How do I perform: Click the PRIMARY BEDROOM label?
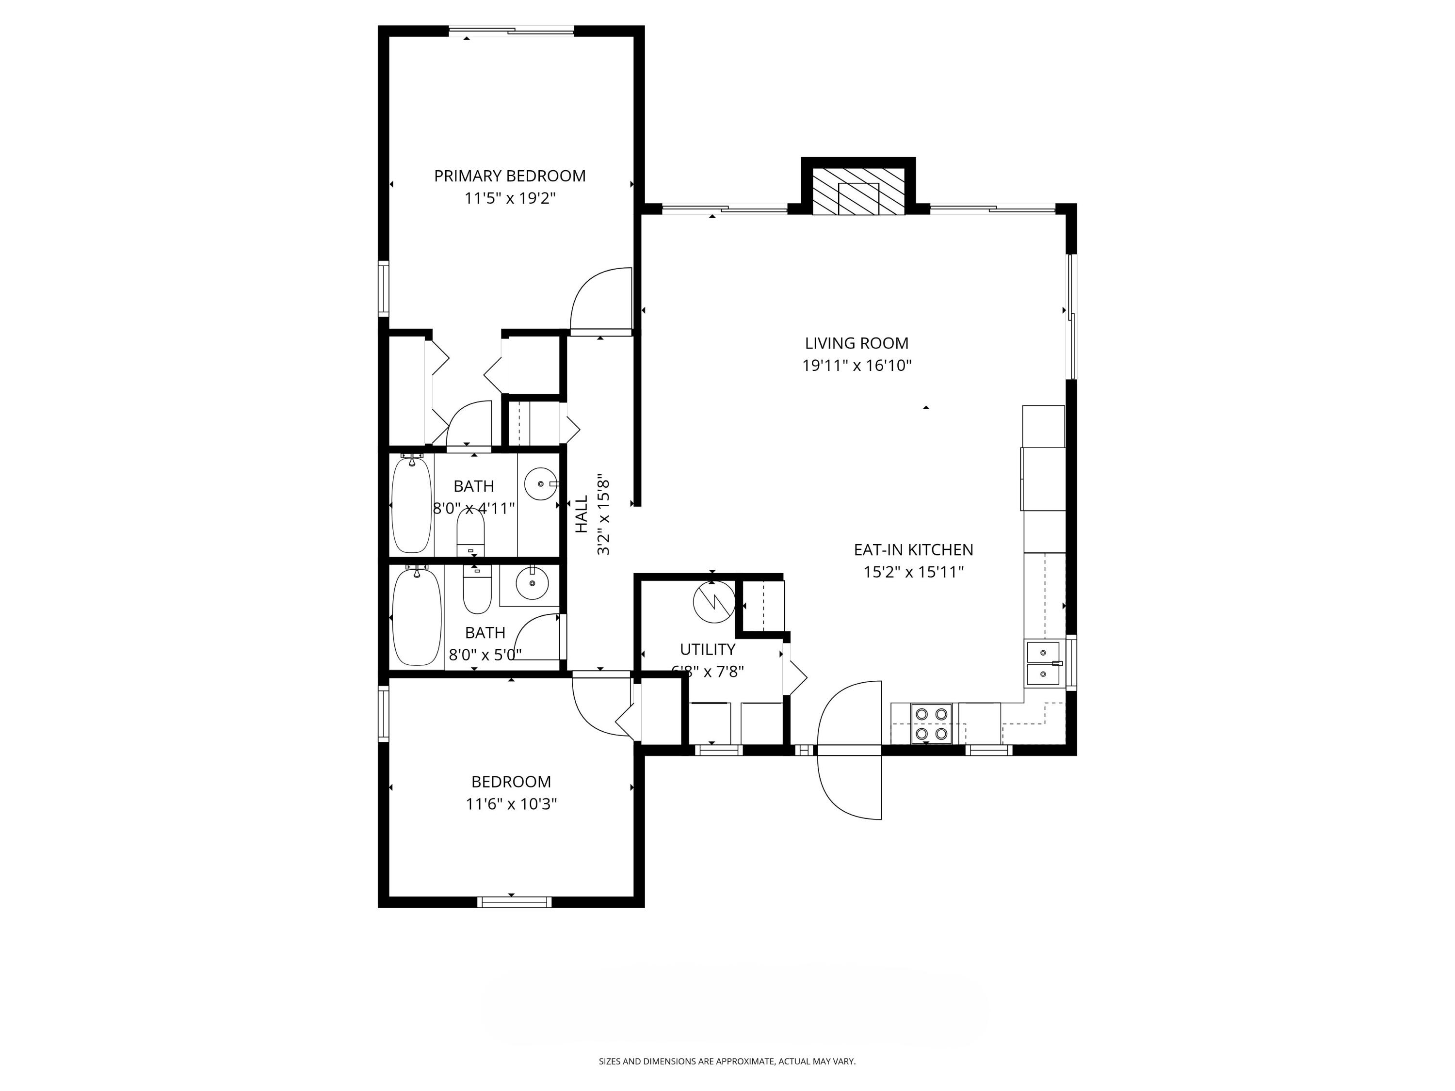coord(509,176)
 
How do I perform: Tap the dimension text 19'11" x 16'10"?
coord(857,366)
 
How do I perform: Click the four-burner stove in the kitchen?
coord(931,723)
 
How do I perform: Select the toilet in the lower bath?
coord(477,589)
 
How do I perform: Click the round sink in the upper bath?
coord(541,484)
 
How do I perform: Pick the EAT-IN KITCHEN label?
coord(913,550)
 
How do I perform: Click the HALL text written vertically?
coord(582,514)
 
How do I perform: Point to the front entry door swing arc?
coord(849,750)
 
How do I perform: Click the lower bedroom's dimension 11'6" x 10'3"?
coord(511,803)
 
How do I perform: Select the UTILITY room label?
coord(707,650)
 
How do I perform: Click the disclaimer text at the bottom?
coord(727,1061)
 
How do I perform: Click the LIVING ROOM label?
coord(857,343)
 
